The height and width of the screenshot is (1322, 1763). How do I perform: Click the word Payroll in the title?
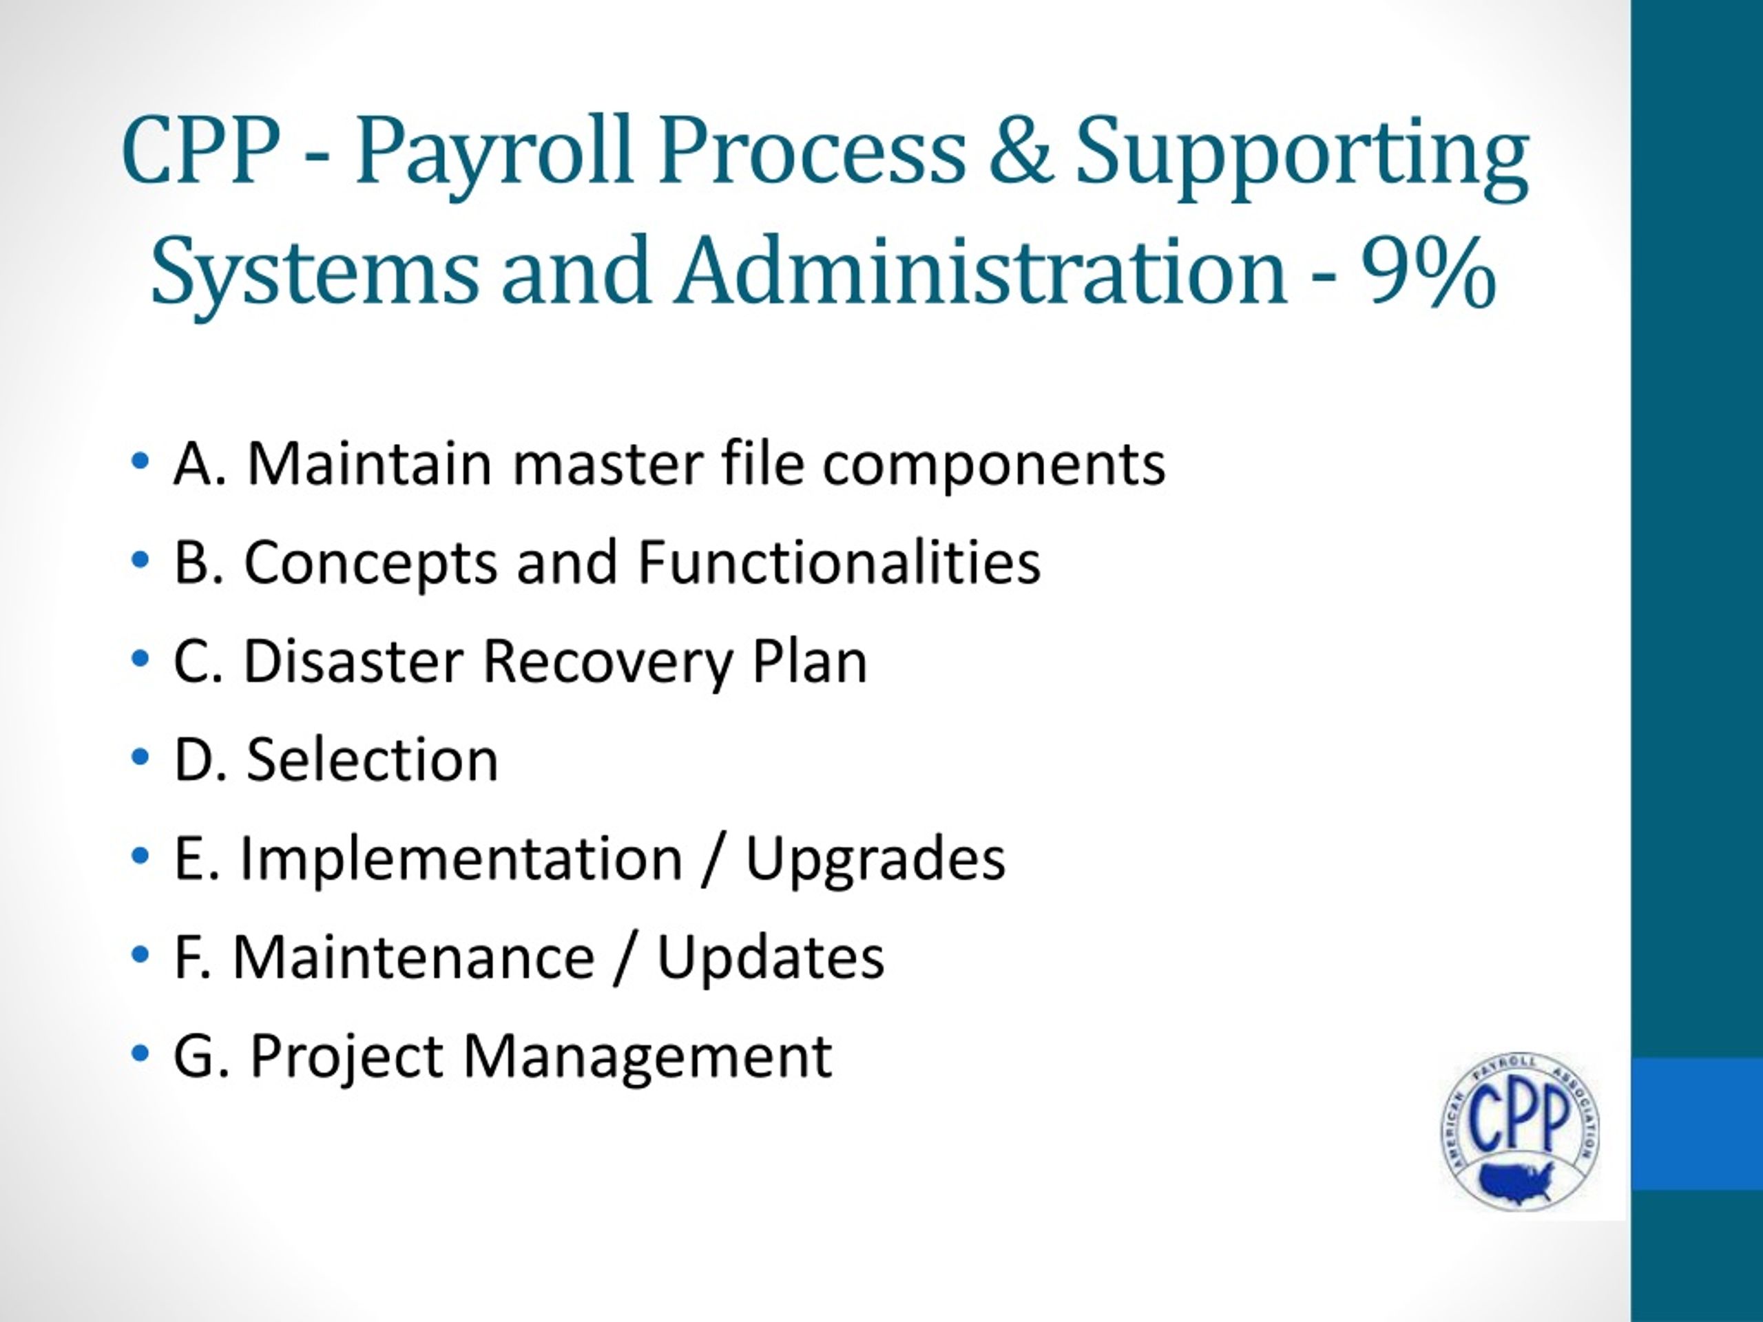click(x=494, y=151)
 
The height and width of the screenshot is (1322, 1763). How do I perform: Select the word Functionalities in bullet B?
click(x=839, y=563)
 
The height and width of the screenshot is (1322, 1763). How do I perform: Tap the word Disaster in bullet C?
click(x=353, y=662)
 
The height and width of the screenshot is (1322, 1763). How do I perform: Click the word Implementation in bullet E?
click(x=461, y=859)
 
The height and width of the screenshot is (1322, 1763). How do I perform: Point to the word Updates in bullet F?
click(x=770, y=957)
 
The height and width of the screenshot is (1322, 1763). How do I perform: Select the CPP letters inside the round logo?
click(x=1519, y=1119)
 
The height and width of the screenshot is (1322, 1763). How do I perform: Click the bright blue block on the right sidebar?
click(x=1696, y=1124)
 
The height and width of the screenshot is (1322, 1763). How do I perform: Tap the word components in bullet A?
click(x=994, y=465)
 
